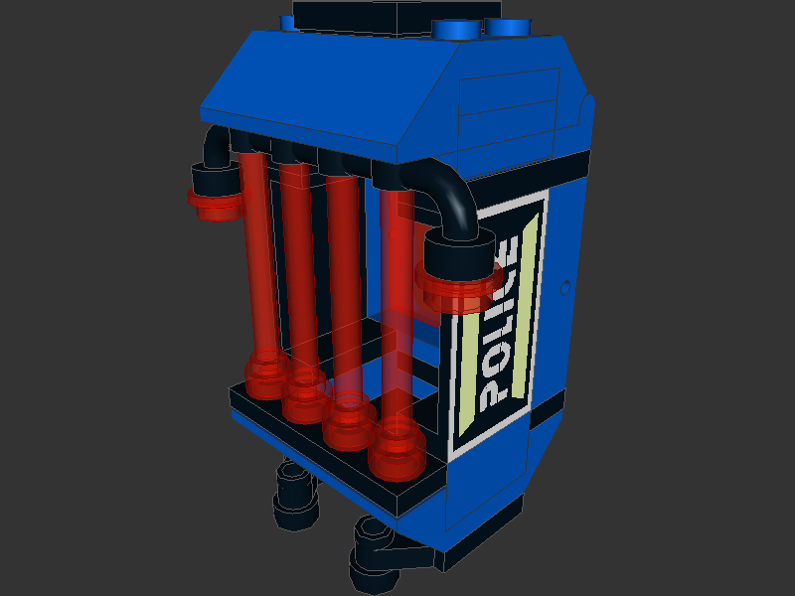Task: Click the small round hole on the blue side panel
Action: coord(565,288)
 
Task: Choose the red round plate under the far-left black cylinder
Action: coord(215,204)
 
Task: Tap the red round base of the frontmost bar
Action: coord(396,453)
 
